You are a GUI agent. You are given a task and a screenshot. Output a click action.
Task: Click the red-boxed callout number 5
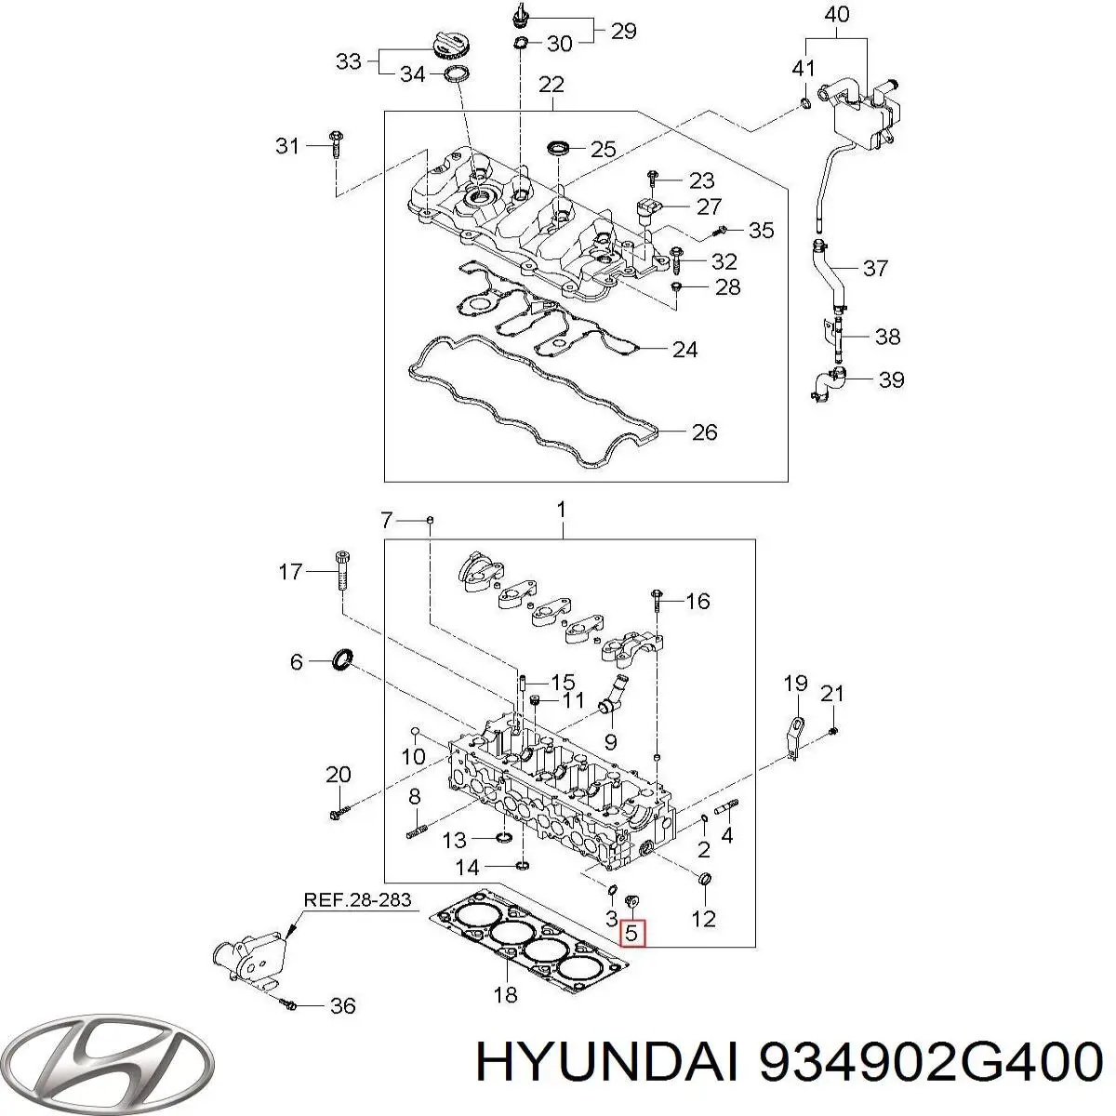[x=631, y=932]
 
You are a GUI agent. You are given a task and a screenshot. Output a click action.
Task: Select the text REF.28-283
[x=357, y=900]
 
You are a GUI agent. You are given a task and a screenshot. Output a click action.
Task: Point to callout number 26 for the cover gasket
[x=705, y=432]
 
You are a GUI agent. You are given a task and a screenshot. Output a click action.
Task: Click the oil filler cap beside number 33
[x=448, y=43]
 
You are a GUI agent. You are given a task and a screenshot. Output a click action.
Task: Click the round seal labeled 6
[x=343, y=660]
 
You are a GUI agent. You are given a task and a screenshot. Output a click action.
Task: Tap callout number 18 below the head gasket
[x=504, y=995]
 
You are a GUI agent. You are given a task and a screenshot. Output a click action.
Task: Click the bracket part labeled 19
[x=794, y=735]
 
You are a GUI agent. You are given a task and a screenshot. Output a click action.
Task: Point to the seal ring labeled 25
[x=560, y=148]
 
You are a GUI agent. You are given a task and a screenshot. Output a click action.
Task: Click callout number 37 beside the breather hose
[x=874, y=269]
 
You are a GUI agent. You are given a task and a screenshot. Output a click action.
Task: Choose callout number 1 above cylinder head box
[x=561, y=510]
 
